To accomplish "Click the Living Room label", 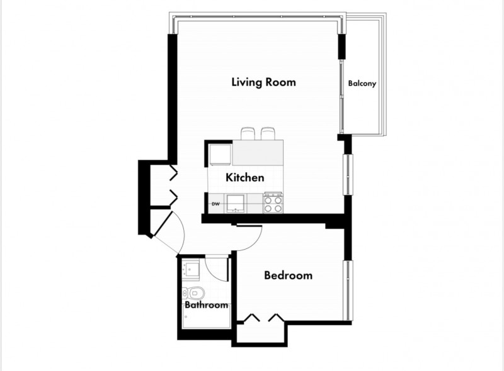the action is coord(263,82).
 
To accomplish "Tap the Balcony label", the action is coord(362,84).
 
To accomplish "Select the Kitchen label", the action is coord(245,177).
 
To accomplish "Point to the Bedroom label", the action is coord(288,275).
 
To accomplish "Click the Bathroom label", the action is coord(207,304).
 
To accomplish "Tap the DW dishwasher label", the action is coord(215,204).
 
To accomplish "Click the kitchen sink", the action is coord(236,203).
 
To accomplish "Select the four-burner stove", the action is coord(273,203).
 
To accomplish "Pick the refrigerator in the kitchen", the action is coord(220,155).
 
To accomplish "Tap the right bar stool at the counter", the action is coord(268,133).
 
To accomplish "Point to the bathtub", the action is coord(207,316).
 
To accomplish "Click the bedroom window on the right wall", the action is coord(348,291).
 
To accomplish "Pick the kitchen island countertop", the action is coord(258,152).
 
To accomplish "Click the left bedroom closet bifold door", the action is coord(251,318).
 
